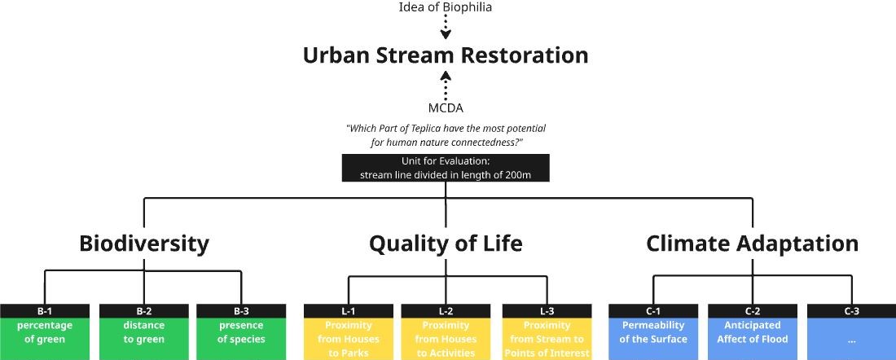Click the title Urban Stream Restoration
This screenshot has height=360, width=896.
[445, 55]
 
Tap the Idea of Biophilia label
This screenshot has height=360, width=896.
[445, 7]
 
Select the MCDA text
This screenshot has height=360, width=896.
[446, 108]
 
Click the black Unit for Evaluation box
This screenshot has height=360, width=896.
[446, 168]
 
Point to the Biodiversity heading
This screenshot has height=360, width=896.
[144, 244]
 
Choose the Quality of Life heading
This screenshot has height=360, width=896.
[446, 244]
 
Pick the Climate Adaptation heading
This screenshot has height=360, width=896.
[752, 244]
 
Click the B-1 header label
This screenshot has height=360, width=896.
[45, 311]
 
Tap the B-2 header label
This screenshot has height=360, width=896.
[144, 311]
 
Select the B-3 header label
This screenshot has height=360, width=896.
[241, 311]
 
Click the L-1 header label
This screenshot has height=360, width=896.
[349, 311]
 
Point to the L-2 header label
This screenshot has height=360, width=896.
[446, 311]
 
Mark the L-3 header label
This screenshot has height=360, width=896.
[547, 311]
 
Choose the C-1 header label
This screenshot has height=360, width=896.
[653, 311]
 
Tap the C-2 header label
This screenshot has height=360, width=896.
[753, 311]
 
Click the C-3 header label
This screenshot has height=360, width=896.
[851, 311]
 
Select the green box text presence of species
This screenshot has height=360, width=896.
[241, 332]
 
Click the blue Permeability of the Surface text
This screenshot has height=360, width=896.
[653, 332]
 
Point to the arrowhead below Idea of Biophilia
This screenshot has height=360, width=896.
[446, 35]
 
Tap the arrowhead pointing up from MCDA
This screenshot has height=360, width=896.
[446, 76]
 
